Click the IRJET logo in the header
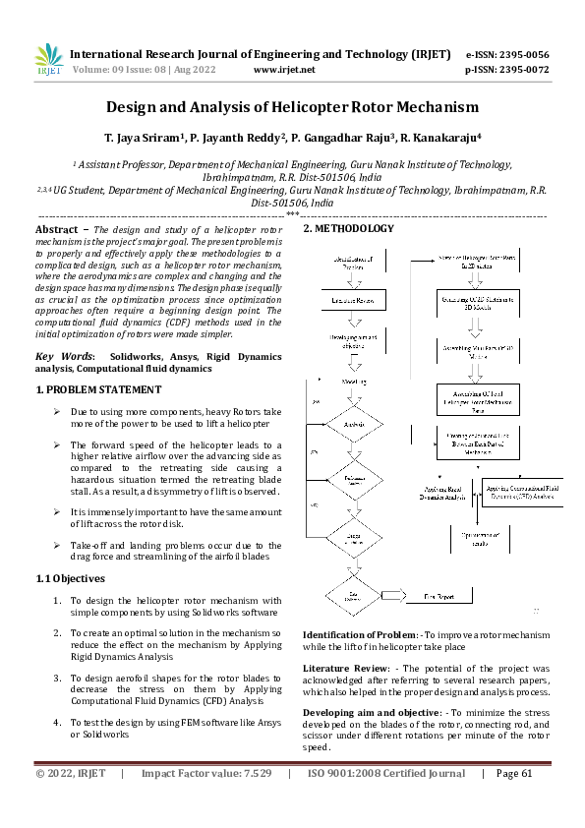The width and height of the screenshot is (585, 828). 48,60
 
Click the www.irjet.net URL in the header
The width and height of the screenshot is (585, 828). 284,70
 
